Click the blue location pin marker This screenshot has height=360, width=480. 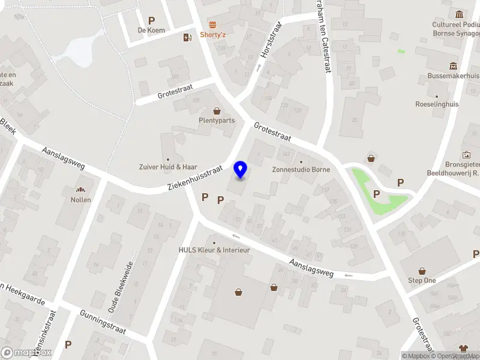[241, 170]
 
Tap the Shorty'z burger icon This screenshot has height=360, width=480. [212, 24]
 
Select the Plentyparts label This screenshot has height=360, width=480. [217, 120]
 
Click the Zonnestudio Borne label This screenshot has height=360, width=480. [301, 170]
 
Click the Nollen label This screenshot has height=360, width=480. [80, 200]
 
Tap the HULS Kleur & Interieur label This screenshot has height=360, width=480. [214, 250]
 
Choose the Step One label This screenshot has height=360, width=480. [422, 280]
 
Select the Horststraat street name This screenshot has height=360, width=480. [271, 40]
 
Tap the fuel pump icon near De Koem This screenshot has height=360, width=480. [187, 37]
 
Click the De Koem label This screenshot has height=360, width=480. [151, 30]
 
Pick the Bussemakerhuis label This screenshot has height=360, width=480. [453, 76]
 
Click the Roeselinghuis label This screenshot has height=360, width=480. [437, 104]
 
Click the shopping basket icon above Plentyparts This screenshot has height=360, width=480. [217, 110]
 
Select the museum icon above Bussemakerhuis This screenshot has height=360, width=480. [453, 65]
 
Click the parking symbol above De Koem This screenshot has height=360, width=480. [151, 20]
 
